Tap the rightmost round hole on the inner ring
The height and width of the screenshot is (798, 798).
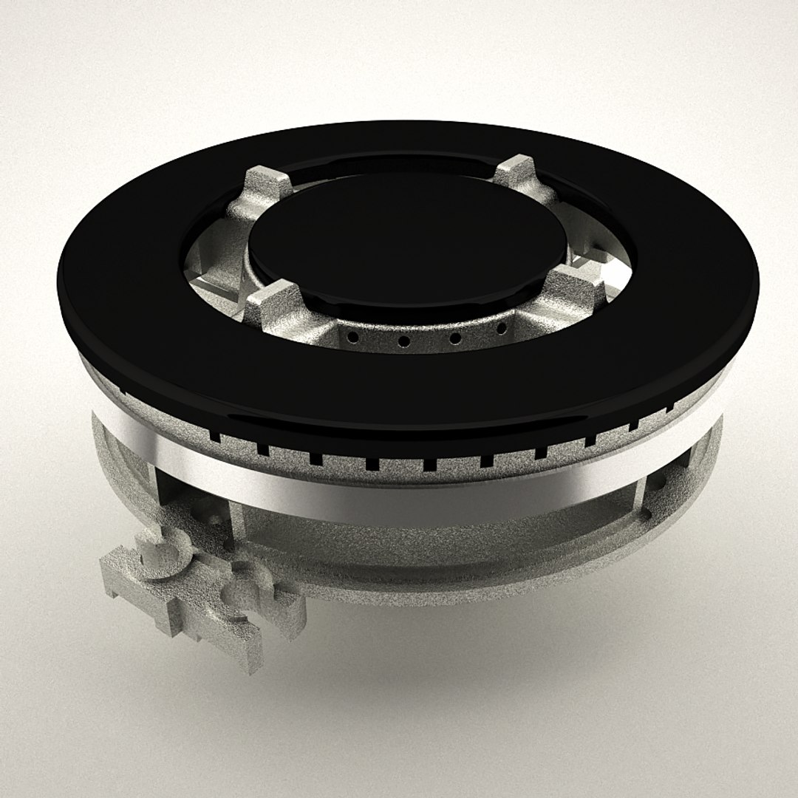pos(502,327)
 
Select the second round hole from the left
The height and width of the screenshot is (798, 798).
pos(404,341)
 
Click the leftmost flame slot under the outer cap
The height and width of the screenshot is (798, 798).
pos(216,437)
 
